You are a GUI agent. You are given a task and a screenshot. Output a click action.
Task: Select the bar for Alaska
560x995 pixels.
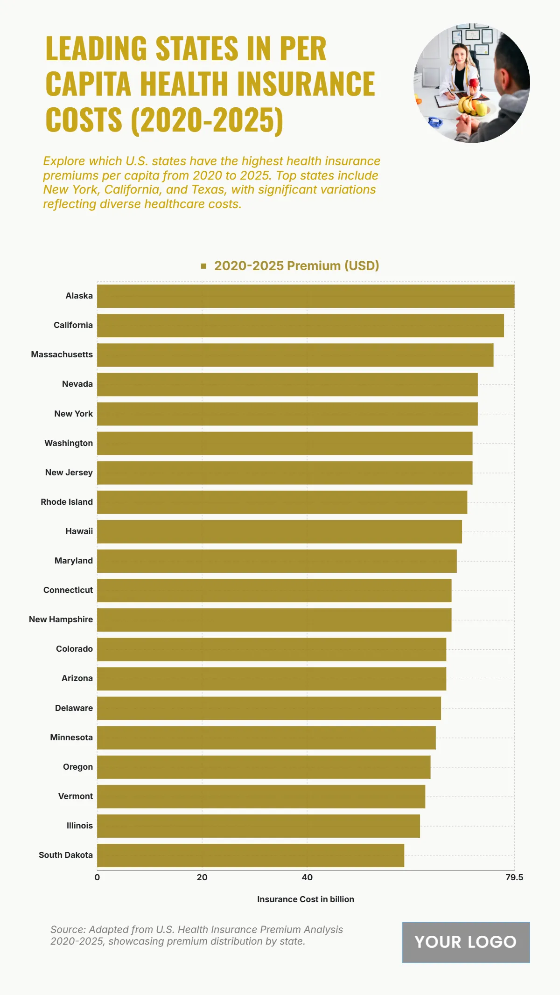[306, 296]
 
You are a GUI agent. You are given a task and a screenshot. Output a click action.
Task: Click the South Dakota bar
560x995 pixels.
[251, 856]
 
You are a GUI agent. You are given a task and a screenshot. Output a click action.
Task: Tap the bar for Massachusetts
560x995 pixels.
[295, 355]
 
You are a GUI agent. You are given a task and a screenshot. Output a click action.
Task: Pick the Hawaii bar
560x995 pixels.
[280, 532]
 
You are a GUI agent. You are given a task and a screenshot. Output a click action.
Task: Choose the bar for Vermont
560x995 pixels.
[261, 797]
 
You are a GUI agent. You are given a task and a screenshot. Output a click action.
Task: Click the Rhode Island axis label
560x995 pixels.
[67, 502]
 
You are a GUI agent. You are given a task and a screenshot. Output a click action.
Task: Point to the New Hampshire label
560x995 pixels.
[61, 619]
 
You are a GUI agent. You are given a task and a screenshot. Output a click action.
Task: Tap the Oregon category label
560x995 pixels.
[78, 767]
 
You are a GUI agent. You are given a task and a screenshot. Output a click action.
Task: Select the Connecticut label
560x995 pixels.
[68, 590]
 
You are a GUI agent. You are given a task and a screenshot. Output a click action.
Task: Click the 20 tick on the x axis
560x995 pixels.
[202, 877]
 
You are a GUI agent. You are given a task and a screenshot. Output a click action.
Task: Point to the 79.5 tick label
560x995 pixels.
[514, 877]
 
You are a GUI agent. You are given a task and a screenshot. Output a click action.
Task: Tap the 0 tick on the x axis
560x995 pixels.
[97, 877]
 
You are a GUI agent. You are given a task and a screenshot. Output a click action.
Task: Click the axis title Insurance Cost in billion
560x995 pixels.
[306, 899]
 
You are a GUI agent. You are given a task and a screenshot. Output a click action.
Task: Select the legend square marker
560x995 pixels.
[203, 266]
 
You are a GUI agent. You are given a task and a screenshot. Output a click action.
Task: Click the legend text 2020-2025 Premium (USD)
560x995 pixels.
[296, 266]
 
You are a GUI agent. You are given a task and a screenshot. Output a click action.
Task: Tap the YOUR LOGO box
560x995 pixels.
[466, 942]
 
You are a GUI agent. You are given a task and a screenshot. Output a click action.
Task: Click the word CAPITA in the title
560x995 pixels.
[88, 84]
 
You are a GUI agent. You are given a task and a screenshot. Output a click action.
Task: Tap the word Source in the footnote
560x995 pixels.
[67, 930]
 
